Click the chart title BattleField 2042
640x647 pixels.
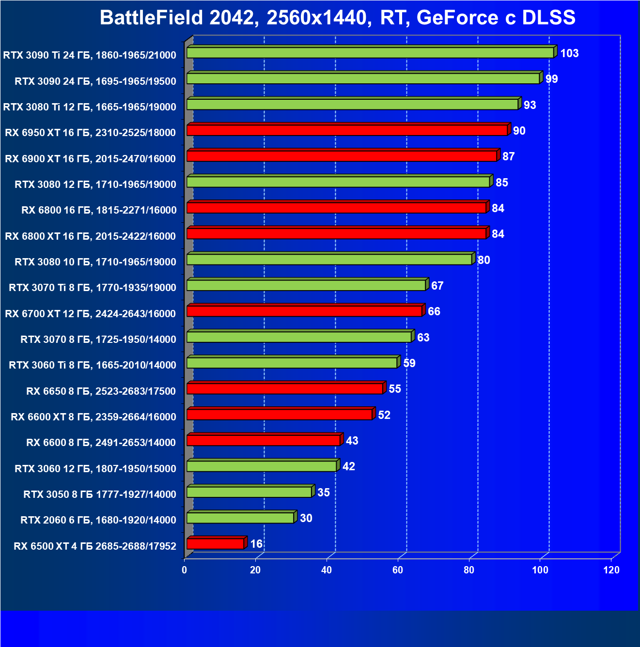click(x=337, y=18)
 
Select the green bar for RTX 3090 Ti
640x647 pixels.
click(x=370, y=53)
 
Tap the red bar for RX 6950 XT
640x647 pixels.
click(x=347, y=130)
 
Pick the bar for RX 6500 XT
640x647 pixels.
click(x=215, y=544)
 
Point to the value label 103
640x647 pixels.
click(x=569, y=53)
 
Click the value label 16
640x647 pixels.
click(x=256, y=544)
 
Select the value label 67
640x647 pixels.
click(x=437, y=286)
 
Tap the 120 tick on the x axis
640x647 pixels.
click(x=611, y=570)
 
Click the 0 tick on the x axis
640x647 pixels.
click(x=185, y=570)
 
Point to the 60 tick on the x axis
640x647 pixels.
click(x=398, y=570)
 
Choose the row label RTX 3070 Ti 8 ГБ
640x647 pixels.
click(x=92, y=288)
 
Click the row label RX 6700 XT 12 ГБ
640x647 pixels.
click(x=90, y=314)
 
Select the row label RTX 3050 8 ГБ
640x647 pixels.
click(x=99, y=494)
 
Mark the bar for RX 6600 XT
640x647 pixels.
click(x=280, y=415)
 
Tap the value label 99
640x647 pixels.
click(x=551, y=79)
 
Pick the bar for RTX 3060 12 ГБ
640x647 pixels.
click(x=262, y=466)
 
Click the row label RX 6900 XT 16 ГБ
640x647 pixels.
click(x=90, y=159)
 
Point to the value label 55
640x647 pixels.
click(x=395, y=389)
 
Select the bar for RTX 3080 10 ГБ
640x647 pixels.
click(x=329, y=260)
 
